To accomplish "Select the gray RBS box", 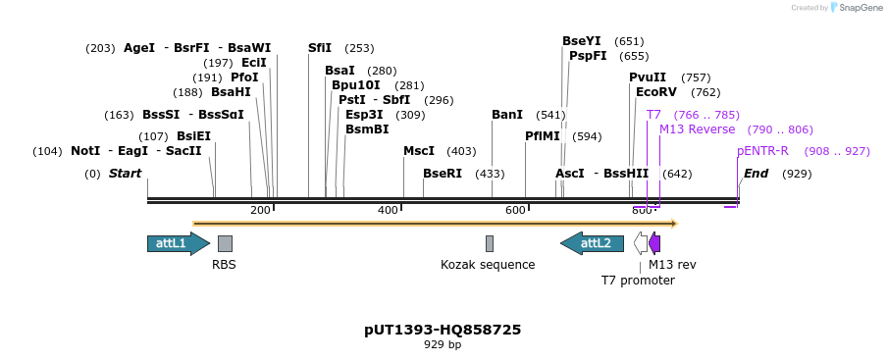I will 225,243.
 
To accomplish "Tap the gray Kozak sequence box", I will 490,243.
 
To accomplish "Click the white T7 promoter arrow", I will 641,243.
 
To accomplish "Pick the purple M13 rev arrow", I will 654,243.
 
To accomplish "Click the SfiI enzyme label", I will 320,48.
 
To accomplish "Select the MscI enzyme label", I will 419,151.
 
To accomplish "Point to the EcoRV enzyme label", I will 656,92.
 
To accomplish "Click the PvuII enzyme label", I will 648,77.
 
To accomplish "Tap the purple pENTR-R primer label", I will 762,151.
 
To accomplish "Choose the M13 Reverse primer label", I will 697,129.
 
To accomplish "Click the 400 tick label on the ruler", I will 388,210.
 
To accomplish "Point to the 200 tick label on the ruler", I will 260,210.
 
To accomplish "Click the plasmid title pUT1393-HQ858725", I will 443,330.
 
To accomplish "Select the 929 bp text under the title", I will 443,345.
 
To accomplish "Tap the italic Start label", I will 125,174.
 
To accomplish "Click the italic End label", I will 756,174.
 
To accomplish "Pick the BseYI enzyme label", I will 581,41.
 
